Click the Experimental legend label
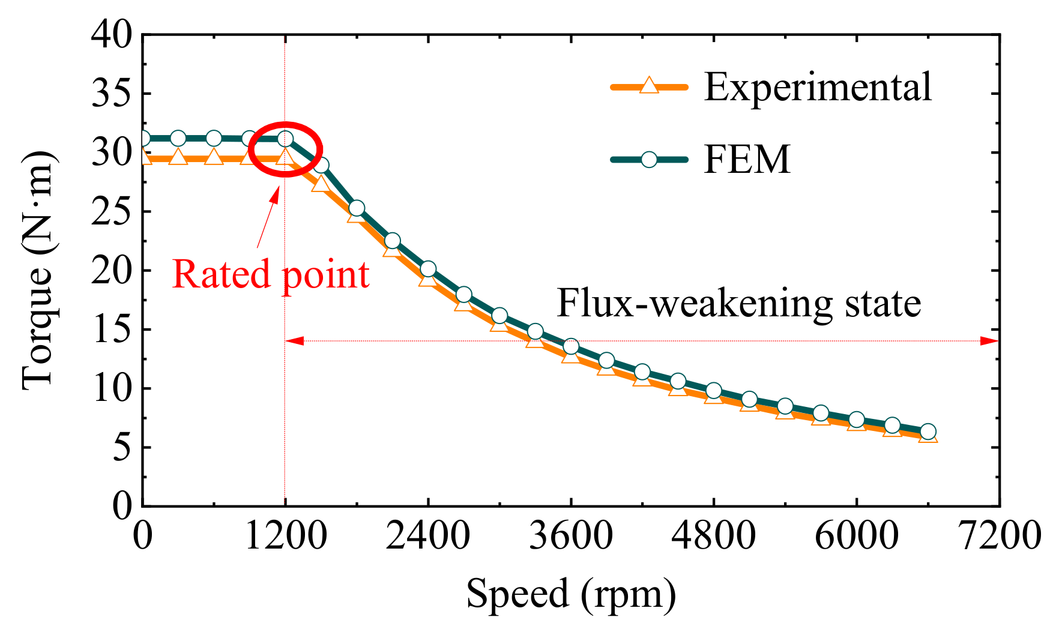(x=817, y=87)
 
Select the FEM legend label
(x=747, y=159)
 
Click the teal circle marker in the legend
(x=648, y=159)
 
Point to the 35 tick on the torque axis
(x=112, y=94)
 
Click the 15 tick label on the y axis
(x=112, y=330)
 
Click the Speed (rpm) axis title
(x=571, y=594)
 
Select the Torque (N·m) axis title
(x=37, y=270)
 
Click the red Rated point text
(x=270, y=274)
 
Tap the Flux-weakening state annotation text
(x=738, y=303)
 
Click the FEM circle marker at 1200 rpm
(x=286, y=139)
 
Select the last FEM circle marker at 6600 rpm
(x=928, y=432)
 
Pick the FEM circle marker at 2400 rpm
(x=428, y=269)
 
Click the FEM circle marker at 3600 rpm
(x=571, y=346)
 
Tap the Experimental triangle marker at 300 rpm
(x=178, y=158)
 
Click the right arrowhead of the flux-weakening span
(x=989, y=341)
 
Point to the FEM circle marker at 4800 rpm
(x=713, y=391)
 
